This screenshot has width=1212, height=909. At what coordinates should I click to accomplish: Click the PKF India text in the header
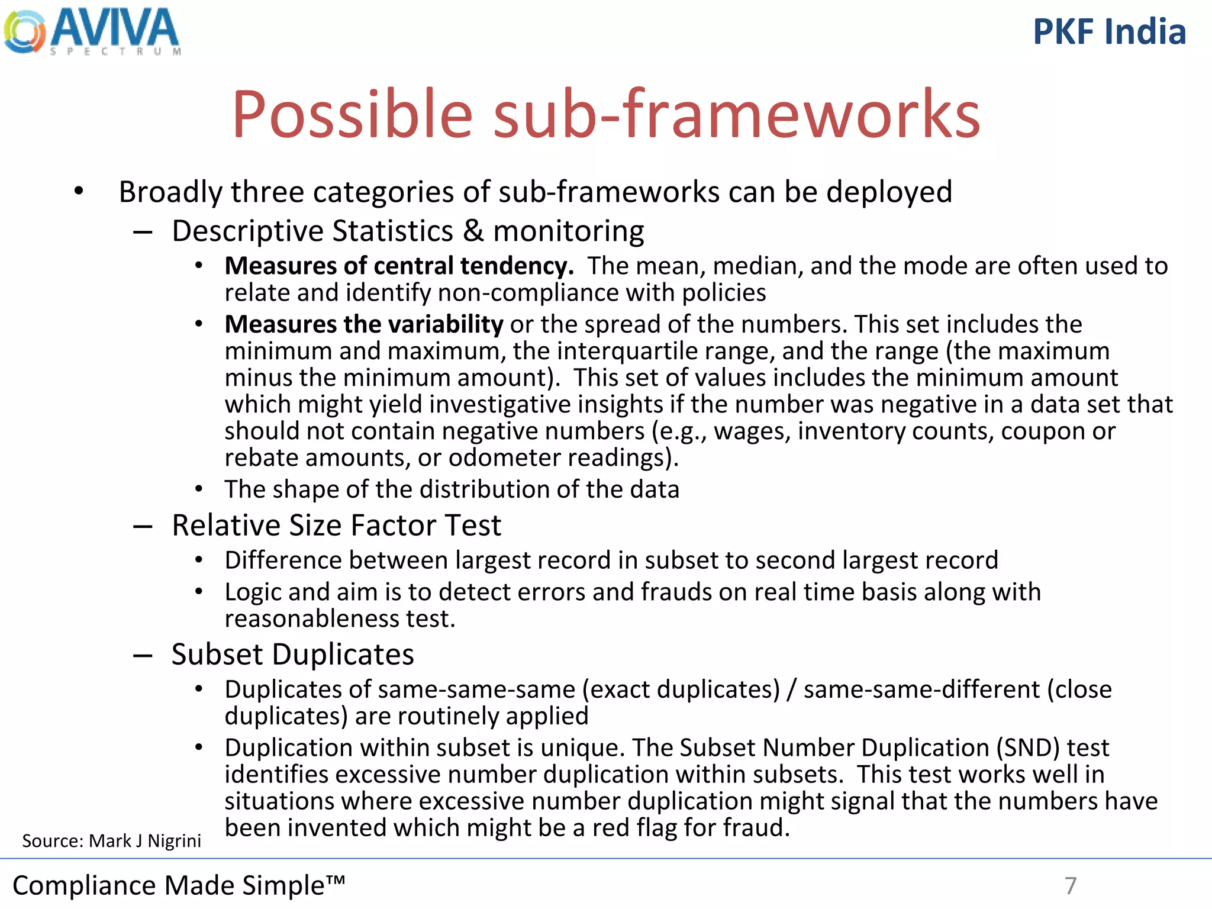(1109, 32)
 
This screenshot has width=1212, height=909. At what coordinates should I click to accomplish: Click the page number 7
(1070, 886)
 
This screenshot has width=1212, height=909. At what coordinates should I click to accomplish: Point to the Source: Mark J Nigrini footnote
(111, 841)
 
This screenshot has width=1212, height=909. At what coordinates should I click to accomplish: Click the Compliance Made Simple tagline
(178, 886)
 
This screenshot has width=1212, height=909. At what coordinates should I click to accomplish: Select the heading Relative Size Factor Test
(336, 526)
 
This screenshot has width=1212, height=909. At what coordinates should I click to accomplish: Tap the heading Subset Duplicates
(292, 655)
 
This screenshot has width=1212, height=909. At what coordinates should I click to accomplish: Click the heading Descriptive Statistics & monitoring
(407, 231)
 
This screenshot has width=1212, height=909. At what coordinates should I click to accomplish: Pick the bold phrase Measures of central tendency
(399, 266)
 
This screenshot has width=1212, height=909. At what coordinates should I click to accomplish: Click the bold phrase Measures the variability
(363, 324)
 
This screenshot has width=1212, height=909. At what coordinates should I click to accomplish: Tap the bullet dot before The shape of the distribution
(199, 489)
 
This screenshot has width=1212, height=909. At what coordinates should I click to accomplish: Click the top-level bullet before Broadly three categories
(79, 192)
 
